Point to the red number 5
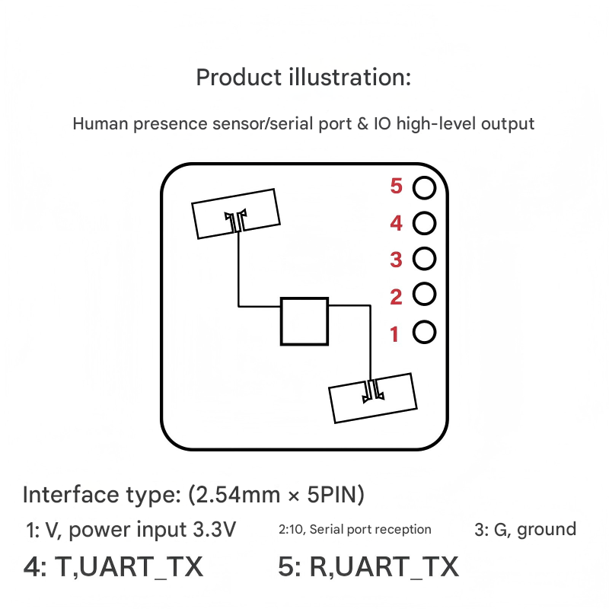pos(396,186)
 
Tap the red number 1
pos(394,334)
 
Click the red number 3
pos(396,260)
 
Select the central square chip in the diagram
pos(281,321)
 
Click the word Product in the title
pos(238,78)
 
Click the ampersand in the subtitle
pos(362,124)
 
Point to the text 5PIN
pos(336,494)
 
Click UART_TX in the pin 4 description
pos(141,567)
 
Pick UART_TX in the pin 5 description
pos(397,567)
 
